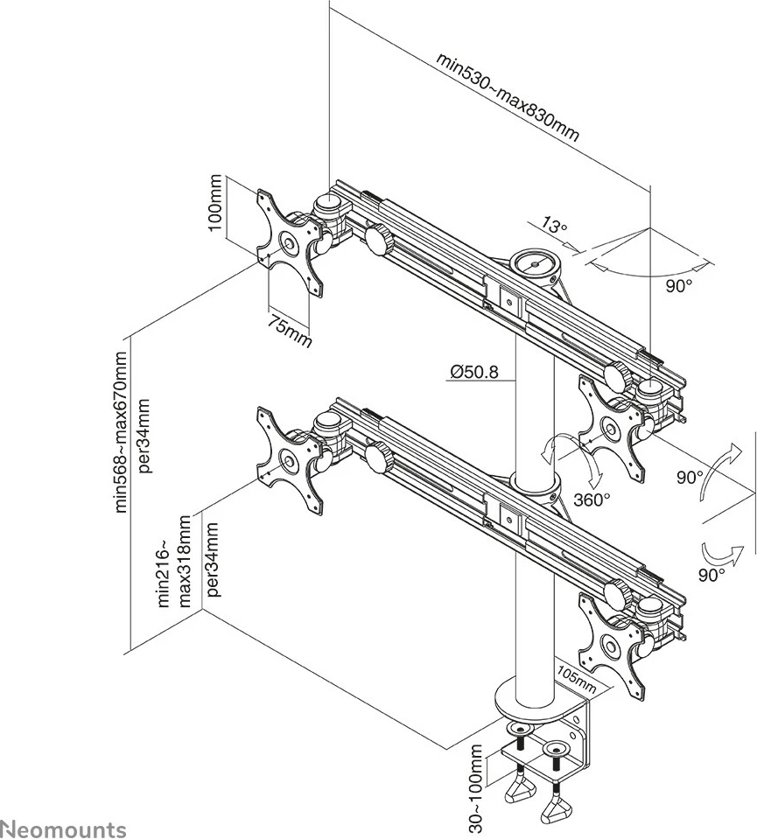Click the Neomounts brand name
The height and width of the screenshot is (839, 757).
pyautogui.click(x=63, y=828)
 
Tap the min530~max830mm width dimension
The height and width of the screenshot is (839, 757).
pyautogui.click(x=508, y=97)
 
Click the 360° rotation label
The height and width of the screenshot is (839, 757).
pyautogui.click(x=592, y=500)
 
